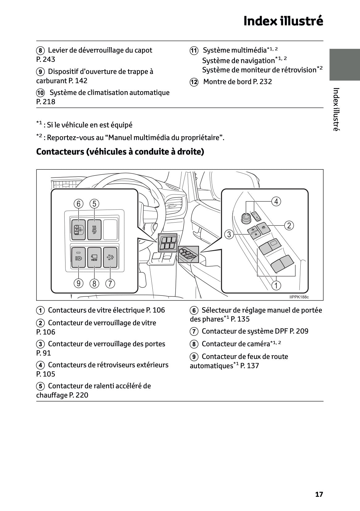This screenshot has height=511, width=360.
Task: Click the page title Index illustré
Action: click(283, 21)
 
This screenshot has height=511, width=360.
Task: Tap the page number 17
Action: click(319, 494)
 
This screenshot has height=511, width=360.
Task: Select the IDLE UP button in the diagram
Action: click(94, 230)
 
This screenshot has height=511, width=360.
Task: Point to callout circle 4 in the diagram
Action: click(276, 202)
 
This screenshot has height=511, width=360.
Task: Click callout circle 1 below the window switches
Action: click(276, 286)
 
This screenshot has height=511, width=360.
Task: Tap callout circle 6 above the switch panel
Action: click(78, 204)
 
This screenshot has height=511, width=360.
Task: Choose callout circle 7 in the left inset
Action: click(110, 283)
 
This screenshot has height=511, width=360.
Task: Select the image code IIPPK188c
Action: click(299, 297)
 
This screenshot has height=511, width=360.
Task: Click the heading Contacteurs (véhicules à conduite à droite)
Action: click(120, 152)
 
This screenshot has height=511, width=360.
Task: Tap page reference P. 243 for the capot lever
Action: click(46, 59)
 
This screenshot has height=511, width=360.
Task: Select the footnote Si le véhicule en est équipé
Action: click(89, 125)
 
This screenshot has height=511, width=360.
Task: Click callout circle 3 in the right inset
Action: click(229, 234)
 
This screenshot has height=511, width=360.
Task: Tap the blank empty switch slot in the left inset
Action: click(110, 230)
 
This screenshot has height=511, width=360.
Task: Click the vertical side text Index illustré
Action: click(336, 109)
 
